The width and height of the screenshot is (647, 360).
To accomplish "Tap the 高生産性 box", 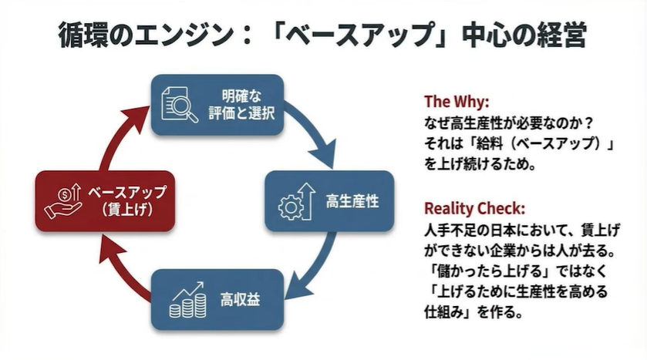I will [x=329, y=202].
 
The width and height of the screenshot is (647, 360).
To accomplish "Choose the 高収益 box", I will [x=217, y=299].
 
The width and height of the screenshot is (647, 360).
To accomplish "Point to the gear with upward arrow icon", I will [x=295, y=202].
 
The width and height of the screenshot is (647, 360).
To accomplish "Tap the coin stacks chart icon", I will [x=187, y=299].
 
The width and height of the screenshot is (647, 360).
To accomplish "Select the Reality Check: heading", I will [x=474, y=209].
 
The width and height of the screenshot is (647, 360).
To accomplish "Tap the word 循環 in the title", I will [x=83, y=35].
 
